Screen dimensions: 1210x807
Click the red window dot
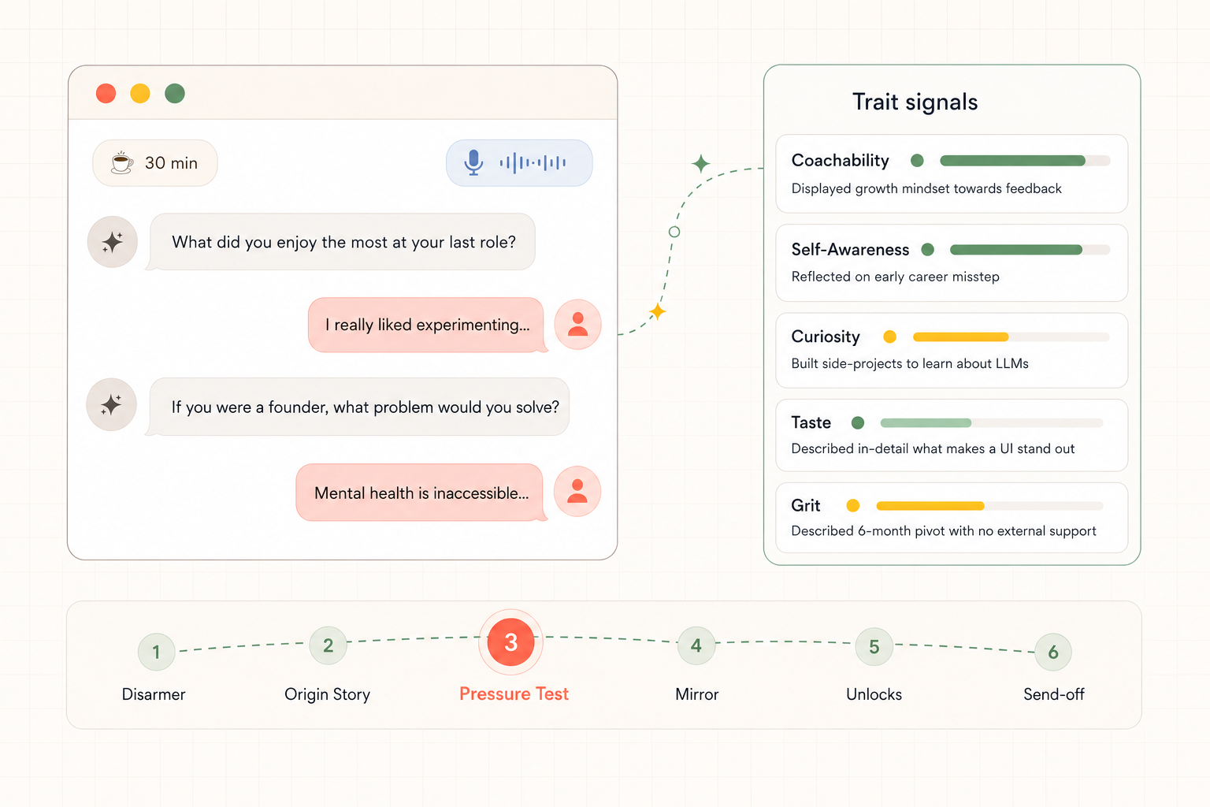[106, 94]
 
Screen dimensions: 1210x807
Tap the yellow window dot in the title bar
[140, 94]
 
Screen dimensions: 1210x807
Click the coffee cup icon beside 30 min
[122, 162]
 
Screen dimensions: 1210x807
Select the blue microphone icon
[473, 162]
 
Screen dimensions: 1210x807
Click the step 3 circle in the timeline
[510, 642]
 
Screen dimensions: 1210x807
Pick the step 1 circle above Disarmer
[156, 652]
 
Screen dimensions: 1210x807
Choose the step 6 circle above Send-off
[1052, 652]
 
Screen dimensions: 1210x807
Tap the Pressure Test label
[514, 694]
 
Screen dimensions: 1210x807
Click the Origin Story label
[328, 694]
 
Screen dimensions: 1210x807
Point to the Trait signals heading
[915, 102]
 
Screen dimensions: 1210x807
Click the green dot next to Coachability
[917, 161]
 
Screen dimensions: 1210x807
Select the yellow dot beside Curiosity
[889, 337]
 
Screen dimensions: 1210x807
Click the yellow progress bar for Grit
[930, 506]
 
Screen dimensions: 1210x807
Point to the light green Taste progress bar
[926, 422]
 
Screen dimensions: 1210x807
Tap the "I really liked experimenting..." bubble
[427, 325]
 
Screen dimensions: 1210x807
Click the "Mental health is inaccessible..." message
[421, 493]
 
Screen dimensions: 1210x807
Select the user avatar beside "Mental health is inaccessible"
[577, 491]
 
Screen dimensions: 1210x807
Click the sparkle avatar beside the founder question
[111, 405]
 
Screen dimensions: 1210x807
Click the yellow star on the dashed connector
[658, 311]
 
